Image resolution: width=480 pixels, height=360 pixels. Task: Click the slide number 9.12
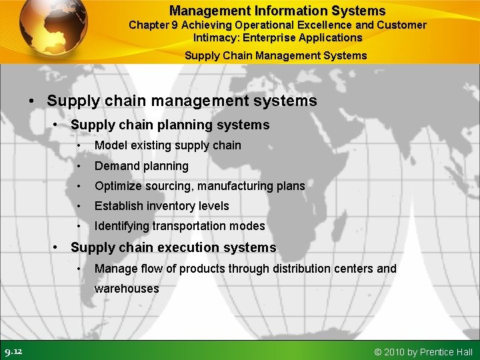tap(13, 351)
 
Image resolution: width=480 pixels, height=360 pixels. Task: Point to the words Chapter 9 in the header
tap(153, 25)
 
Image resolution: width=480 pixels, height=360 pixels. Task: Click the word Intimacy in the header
tap(215, 37)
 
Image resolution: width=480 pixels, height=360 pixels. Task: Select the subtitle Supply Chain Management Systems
tap(275, 55)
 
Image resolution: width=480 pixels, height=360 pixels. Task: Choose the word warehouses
tap(127, 289)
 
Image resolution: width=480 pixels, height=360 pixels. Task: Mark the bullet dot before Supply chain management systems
tap(32, 102)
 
